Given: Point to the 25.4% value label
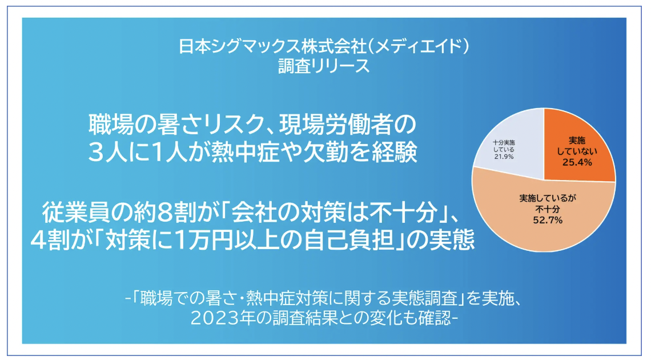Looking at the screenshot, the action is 577,162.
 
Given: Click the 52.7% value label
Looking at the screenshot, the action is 548,220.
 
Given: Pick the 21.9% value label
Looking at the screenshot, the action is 504,157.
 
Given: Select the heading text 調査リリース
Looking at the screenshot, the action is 324,66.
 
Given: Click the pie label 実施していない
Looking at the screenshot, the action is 577,146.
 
